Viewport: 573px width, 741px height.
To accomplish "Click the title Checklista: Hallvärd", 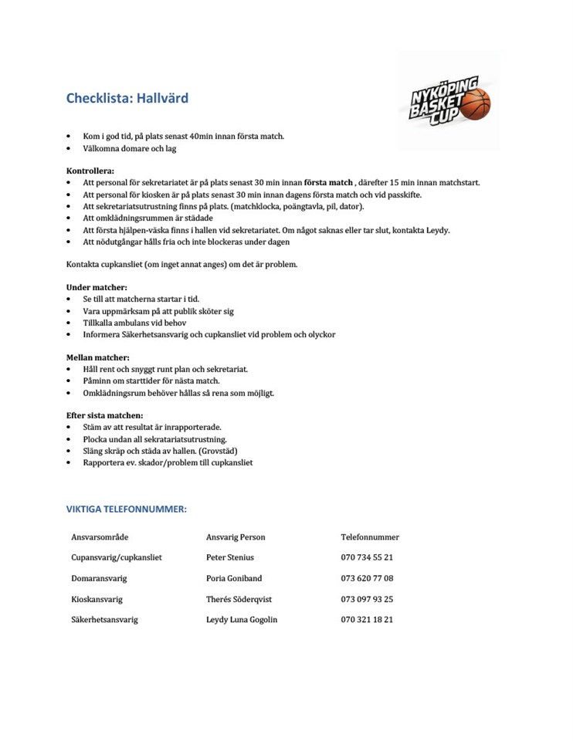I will (x=127, y=99).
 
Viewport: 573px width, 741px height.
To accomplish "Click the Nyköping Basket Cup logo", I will (x=449, y=100).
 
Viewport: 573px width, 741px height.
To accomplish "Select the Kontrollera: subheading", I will (x=90, y=170).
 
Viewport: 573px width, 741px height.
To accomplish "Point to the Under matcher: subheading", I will (x=97, y=287).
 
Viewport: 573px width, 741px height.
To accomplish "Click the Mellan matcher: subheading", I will (x=97, y=357).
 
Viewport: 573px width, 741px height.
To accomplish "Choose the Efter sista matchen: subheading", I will (x=104, y=415).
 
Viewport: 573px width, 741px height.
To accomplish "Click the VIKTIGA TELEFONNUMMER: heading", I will (x=127, y=509).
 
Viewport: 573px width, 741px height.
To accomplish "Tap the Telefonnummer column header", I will (x=370, y=537).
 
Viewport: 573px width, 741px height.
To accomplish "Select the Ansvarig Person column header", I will (x=236, y=537).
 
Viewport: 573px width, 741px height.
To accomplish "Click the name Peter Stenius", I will (x=230, y=557).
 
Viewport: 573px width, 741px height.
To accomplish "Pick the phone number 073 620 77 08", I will (x=367, y=578).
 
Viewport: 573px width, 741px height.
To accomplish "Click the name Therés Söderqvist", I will (x=239, y=599).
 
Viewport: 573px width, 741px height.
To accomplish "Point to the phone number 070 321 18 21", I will (x=367, y=620).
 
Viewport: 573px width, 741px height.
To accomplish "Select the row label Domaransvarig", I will (x=99, y=578).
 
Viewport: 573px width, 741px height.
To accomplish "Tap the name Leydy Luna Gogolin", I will (x=242, y=620).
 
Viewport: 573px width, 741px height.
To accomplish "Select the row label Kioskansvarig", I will (x=97, y=599).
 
